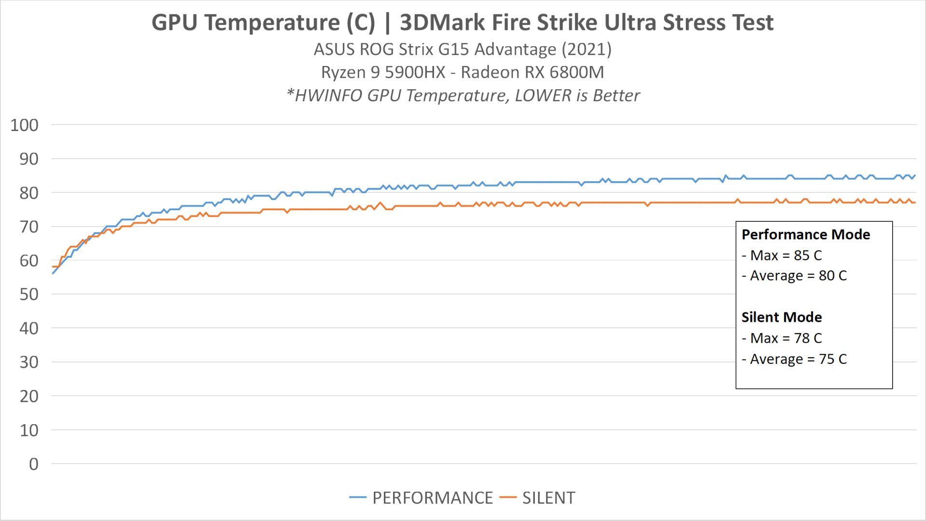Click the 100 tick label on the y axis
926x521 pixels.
point(24,125)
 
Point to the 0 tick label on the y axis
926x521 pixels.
point(33,464)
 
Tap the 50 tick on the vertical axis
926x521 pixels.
point(28,294)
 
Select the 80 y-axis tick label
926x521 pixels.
point(28,193)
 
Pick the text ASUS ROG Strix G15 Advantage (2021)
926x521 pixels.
point(463,49)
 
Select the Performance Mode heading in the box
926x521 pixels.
point(805,235)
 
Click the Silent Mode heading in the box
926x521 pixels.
point(781,317)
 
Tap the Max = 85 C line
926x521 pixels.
point(781,255)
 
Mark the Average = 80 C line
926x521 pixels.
point(794,276)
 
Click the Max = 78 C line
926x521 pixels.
point(781,338)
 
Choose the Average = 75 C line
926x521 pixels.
point(794,359)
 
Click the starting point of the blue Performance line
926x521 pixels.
point(53,274)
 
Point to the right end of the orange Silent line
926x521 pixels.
point(915,202)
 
